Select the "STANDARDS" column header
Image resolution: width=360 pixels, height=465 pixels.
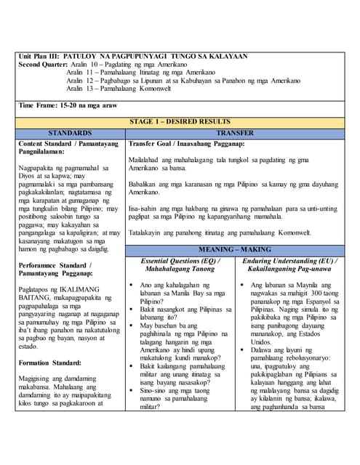(x=70, y=134)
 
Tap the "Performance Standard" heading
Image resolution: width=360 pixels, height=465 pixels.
(x=54, y=269)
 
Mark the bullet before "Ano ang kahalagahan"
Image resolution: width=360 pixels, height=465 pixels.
(x=132, y=286)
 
